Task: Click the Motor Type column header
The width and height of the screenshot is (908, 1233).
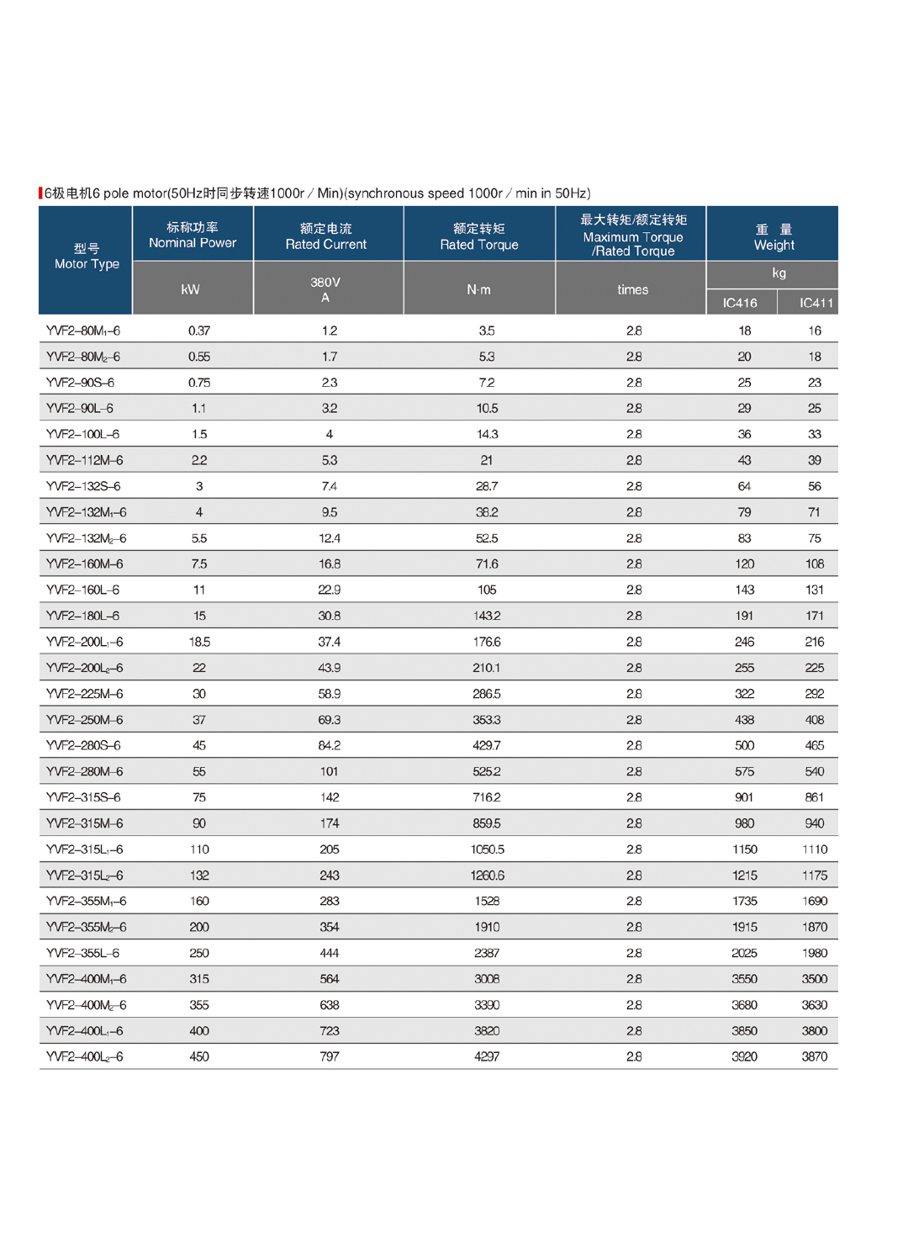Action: [x=87, y=257]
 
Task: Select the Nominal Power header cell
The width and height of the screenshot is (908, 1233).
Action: [x=193, y=235]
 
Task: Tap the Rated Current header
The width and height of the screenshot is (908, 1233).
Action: [x=326, y=236]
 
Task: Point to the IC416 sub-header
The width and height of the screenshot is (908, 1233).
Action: [x=740, y=303]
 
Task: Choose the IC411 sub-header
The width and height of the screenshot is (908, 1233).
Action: [x=816, y=303]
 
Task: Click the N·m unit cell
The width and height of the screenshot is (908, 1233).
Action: [x=479, y=289]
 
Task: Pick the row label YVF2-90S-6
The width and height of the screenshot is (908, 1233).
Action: [x=80, y=383]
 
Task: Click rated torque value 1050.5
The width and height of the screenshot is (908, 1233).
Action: [x=488, y=849]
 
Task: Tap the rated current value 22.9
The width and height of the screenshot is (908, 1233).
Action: [x=330, y=590]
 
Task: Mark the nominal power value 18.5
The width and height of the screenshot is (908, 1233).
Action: [x=199, y=642]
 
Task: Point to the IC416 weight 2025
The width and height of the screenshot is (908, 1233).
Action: [x=744, y=953]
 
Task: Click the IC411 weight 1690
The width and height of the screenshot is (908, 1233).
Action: [x=815, y=901]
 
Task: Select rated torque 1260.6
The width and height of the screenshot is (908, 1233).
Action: [x=488, y=876]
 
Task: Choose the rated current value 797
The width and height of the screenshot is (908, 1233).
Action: [x=330, y=1056]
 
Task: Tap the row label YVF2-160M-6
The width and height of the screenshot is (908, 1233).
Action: [x=84, y=564]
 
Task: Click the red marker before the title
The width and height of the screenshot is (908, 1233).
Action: [x=40, y=193]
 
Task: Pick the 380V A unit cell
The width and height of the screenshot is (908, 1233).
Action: [x=325, y=289]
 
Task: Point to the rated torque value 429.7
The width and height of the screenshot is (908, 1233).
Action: [x=487, y=745]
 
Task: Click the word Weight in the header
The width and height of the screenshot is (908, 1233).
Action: [x=773, y=246]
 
